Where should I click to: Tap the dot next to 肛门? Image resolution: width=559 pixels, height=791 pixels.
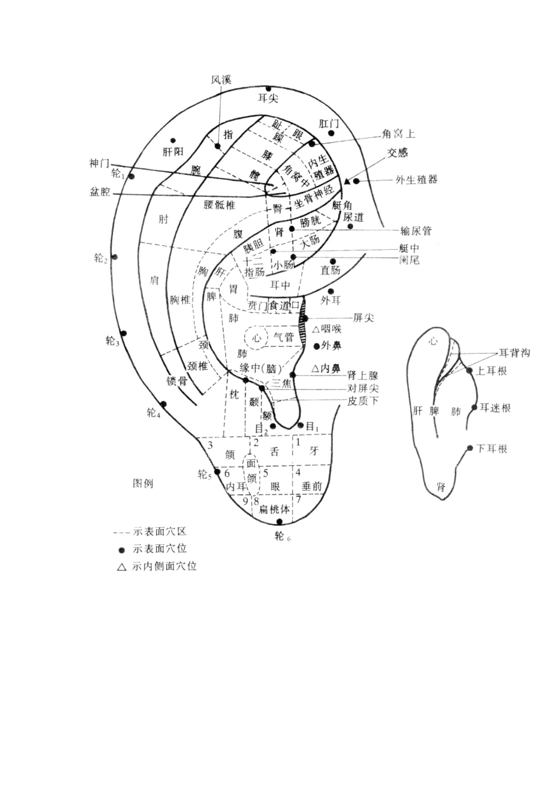[331, 133]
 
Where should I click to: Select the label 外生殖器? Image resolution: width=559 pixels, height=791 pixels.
[417, 180]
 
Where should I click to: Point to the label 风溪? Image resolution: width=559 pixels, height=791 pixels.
[221, 80]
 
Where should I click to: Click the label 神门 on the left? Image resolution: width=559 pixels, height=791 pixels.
[99, 164]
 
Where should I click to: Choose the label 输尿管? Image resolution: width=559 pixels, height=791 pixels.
[416, 230]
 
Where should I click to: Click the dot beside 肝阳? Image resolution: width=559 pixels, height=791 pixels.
[173, 140]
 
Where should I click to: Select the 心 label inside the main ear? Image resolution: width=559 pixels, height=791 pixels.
[256, 338]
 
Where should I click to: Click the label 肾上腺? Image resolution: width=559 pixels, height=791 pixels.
[363, 375]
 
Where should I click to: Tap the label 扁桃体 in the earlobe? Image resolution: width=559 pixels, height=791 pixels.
[275, 509]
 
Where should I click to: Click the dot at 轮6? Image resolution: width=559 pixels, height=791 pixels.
[279, 521]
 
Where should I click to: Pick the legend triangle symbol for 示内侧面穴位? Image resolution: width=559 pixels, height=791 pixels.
[122, 566]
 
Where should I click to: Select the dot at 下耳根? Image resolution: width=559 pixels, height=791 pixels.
[470, 448]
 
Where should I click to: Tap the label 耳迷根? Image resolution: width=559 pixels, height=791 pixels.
[495, 408]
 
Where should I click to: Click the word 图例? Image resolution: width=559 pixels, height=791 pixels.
[143, 484]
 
